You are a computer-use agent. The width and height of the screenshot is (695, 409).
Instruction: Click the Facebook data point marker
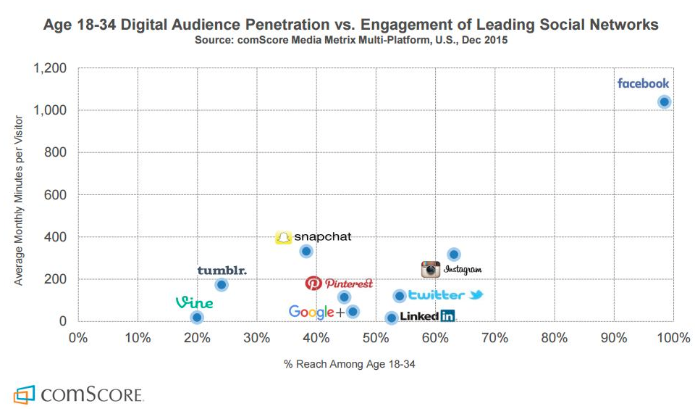point(664,102)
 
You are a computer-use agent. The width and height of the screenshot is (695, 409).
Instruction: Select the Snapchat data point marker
point(306,251)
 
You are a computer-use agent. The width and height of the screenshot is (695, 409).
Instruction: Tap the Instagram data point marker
point(454,255)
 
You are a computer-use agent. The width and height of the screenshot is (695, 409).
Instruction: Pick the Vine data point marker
point(197,317)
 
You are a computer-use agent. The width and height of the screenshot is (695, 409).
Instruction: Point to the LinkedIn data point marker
point(392,318)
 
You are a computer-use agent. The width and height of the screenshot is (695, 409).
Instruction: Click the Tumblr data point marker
point(222,284)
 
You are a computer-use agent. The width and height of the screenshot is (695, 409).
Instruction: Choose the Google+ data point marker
point(353,312)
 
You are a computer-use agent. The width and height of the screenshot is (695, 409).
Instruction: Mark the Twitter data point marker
point(399,296)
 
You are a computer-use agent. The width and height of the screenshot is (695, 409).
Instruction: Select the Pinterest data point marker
point(344,297)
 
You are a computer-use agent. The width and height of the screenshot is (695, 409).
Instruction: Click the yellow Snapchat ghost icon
point(284,237)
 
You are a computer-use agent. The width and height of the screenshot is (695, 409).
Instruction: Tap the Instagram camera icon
point(431,269)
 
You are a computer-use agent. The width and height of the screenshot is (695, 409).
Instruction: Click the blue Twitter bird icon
point(476,295)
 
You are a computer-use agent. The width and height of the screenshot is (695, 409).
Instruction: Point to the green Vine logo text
point(194,302)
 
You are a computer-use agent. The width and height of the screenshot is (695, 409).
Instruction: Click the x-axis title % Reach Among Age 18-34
point(350,364)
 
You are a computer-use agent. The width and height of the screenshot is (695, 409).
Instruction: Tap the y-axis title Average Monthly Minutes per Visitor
point(20,194)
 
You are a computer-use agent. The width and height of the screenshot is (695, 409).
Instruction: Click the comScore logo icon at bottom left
point(25,395)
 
